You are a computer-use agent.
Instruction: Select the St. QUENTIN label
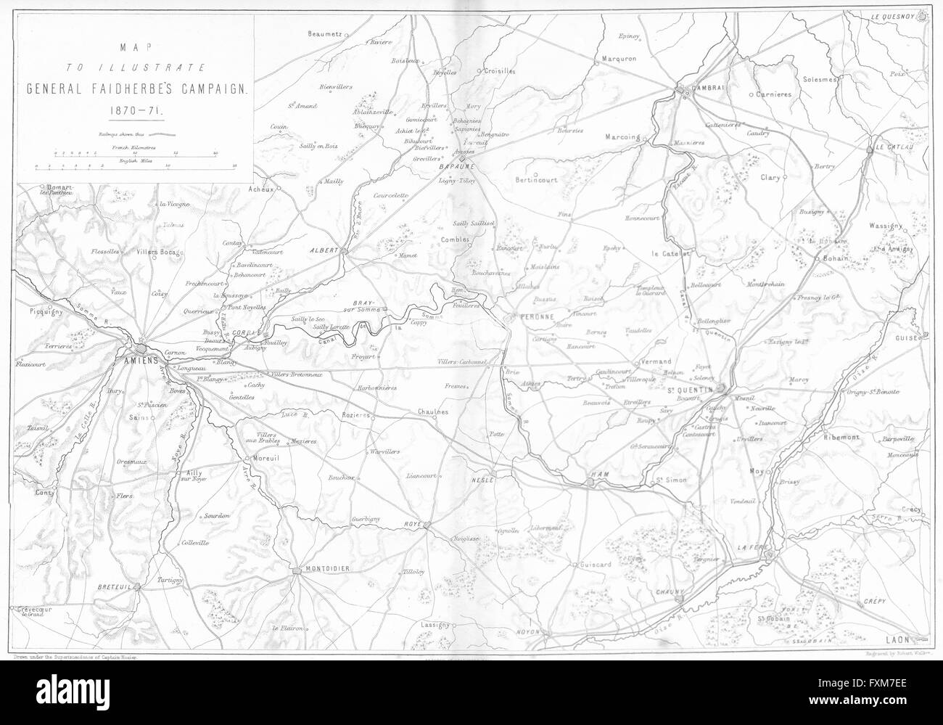click(691, 390)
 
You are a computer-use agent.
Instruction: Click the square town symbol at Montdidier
click(296, 572)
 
